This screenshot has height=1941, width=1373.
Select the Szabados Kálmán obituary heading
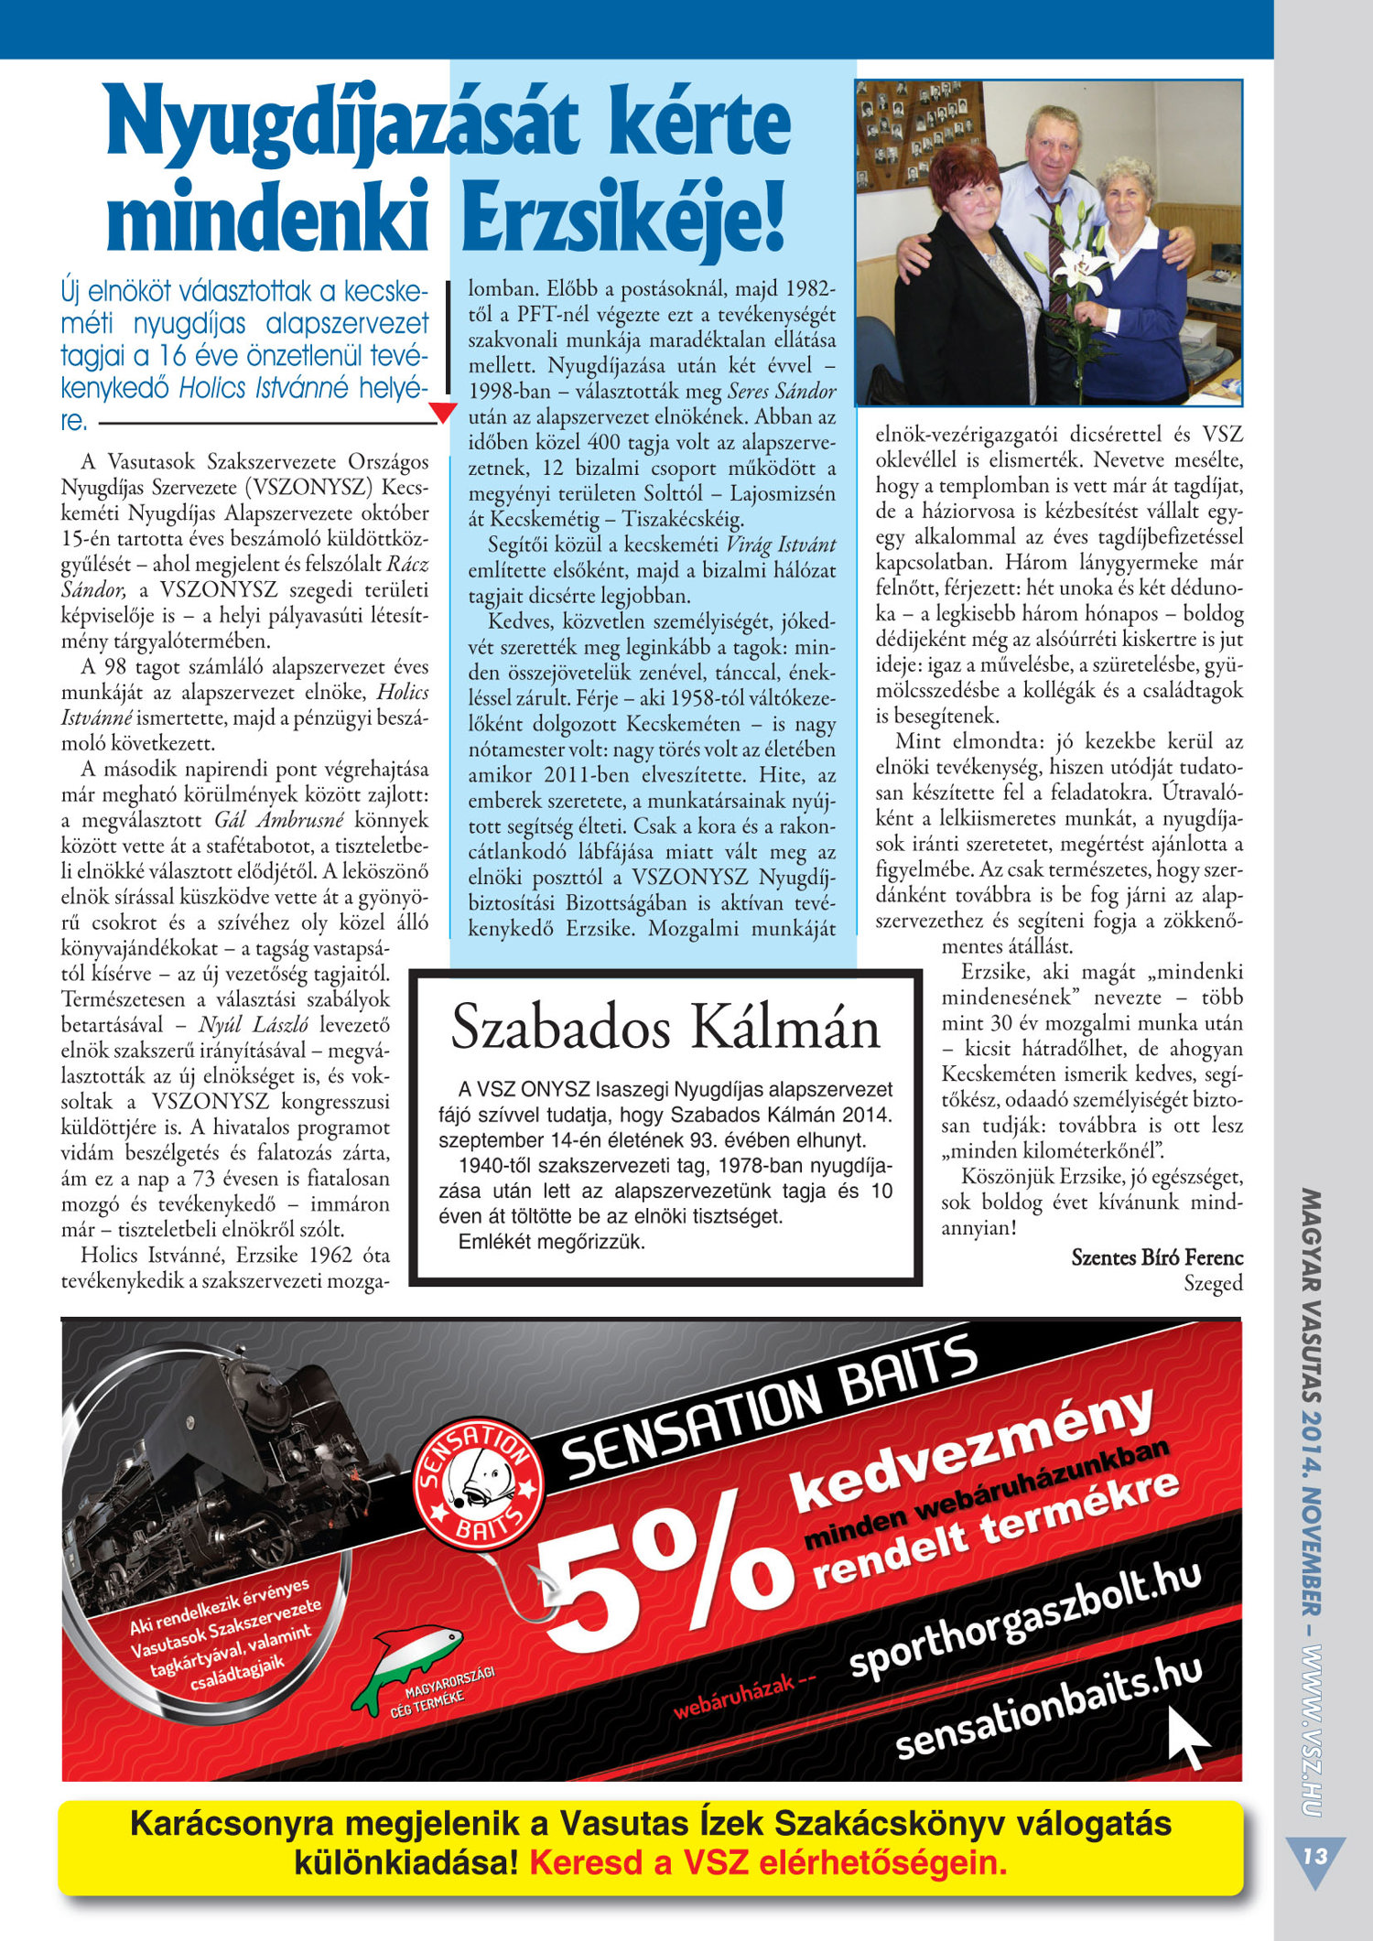click(x=665, y=1027)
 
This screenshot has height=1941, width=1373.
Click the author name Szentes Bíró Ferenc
click(x=1157, y=1257)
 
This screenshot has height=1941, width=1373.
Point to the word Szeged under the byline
click(x=1213, y=1283)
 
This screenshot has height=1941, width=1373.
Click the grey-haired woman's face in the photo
click(x=1126, y=194)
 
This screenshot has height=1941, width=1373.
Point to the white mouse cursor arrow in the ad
click(x=1190, y=1736)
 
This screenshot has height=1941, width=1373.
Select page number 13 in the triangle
click(x=1314, y=1857)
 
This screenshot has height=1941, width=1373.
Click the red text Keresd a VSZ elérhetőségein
click(x=768, y=1862)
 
